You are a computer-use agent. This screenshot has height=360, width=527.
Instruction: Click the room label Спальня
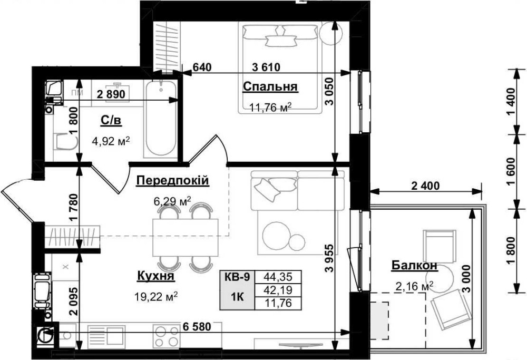click(x=270, y=86)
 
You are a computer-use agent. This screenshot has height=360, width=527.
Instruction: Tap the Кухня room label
click(x=155, y=276)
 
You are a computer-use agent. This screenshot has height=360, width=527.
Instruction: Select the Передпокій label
click(x=172, y=180)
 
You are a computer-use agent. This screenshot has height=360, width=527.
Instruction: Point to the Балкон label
click(x=414, y=265)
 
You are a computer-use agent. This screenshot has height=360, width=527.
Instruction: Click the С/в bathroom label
click(x=111, y=120)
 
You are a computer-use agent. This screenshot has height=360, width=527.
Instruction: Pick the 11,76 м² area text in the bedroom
click(x=270, y=108)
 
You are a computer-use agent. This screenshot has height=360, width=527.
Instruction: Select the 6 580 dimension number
click(x=197, y=326)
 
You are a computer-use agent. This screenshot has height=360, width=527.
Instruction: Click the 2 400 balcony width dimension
click(x=425, y=185)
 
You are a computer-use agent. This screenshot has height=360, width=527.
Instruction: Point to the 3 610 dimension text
click(x=266, y=67)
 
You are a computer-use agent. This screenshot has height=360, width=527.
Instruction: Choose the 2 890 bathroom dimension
click(x=111, y=94)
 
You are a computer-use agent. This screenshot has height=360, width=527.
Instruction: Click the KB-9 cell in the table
click(x=237, y=277)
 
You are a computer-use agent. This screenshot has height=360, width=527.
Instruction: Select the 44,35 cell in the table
click(x=278, y=277)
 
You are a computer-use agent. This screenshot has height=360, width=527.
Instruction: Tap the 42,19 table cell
click(x=278, y=290)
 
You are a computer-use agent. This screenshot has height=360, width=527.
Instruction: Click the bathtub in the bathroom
click(x=161, y=118)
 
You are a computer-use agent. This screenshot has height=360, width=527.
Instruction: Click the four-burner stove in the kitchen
click(x=166, y=336)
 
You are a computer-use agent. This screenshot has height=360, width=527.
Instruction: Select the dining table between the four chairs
click(x=186, y=237)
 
